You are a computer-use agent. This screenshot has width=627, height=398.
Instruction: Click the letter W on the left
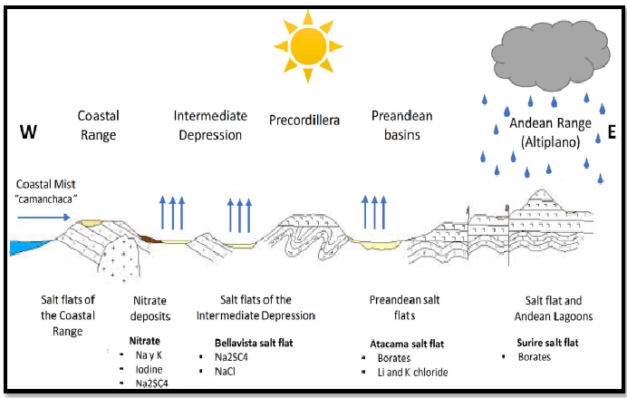28,133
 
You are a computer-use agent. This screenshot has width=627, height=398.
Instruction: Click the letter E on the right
611,133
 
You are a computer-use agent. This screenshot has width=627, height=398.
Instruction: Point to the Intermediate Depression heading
208,125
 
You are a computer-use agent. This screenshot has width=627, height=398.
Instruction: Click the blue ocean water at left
26,246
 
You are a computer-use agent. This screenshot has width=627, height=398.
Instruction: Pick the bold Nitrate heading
140,343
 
